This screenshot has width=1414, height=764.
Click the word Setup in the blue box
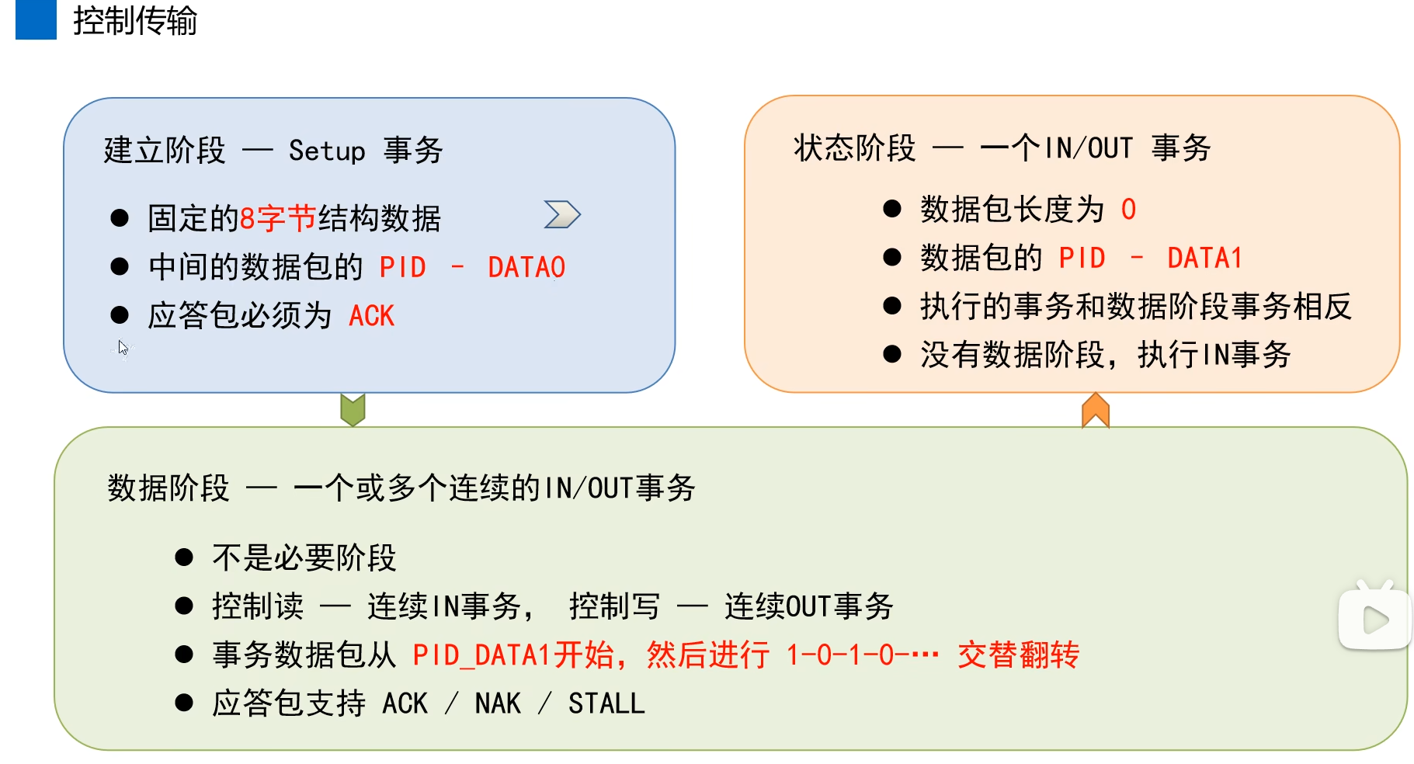click(326, 151)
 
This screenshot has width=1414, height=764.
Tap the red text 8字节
click(277, 219)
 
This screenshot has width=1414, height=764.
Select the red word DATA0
click(526, 268)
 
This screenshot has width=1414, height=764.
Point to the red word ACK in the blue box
click(371, 316)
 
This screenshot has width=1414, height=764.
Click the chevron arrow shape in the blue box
click(562, 214)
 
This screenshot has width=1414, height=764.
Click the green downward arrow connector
click(353, 409)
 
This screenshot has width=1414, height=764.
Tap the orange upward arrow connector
click(1095, 410)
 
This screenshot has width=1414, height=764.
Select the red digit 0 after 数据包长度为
click(1128, 210)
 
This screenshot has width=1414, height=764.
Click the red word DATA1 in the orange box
click(1204, 258)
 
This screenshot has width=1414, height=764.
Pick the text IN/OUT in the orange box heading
click(1089, 148)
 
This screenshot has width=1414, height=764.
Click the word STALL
click(606, 703)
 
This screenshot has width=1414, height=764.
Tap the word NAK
click(497, 703)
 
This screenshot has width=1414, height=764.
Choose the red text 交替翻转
click(1018, 655)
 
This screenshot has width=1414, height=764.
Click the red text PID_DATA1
click(481, 655)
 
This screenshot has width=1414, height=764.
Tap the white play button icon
click(1375, 620)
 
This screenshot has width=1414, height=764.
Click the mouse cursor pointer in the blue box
click(123, 347)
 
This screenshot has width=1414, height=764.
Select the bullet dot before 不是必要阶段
click(184, 557)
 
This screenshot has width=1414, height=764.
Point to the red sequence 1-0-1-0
click(846, 655)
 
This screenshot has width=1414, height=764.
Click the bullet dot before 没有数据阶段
click(892, 355)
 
